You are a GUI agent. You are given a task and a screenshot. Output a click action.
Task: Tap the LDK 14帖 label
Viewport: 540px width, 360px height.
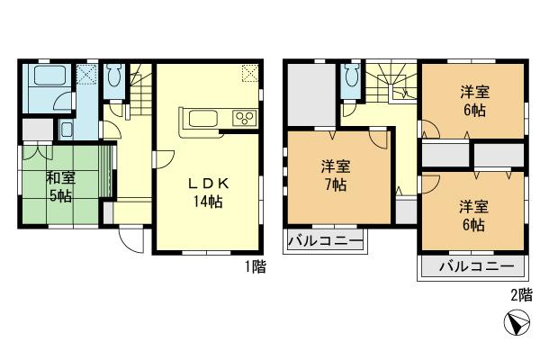click(209, 192)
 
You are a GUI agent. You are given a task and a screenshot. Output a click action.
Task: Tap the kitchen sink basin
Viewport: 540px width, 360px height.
click(198, 117)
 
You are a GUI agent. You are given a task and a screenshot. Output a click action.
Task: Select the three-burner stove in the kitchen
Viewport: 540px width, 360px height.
click(244, 117)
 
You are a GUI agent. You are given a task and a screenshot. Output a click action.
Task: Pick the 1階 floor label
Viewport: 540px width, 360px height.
click(254, 266)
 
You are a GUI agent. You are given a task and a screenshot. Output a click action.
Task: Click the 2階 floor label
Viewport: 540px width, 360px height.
click(521, 294)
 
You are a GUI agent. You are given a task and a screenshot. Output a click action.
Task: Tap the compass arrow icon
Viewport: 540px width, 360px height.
click(514, 324)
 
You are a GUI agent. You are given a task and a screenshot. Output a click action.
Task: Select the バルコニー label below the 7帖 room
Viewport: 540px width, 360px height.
click(325, 242)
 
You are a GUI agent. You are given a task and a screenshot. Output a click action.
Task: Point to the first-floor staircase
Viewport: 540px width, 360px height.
click(135, 90)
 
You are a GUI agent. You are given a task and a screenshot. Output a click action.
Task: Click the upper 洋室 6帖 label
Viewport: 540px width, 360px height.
click(472, 100)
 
